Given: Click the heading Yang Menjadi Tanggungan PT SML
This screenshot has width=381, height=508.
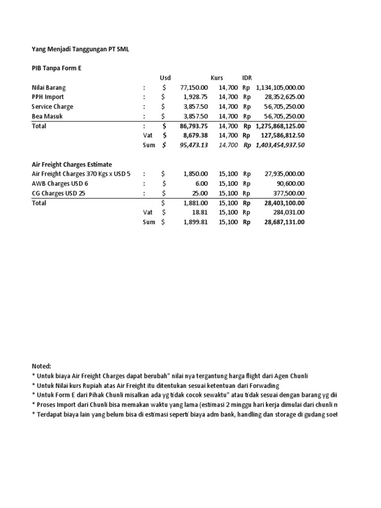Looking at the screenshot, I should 81,49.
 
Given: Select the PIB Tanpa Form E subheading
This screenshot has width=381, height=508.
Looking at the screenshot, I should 57,68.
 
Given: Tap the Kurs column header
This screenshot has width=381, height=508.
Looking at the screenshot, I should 217,78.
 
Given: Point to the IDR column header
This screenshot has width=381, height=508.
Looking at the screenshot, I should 247,78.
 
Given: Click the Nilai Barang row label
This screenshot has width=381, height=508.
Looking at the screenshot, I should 49,88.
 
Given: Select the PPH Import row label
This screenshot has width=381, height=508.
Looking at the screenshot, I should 48,97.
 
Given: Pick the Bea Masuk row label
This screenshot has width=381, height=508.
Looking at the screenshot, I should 47,117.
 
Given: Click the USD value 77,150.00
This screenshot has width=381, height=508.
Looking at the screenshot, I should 194,88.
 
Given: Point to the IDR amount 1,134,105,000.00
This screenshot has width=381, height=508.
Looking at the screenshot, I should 280,88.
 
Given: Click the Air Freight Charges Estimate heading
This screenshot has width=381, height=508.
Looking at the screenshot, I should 72,164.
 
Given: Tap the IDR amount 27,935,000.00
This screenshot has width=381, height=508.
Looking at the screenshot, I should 285,174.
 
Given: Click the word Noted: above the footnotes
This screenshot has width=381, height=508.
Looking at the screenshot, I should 41,366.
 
